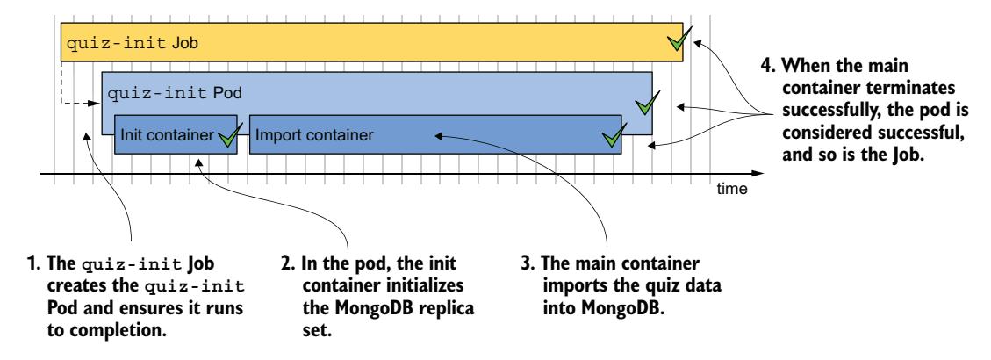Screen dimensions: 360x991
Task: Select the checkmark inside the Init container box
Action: [x=230, y=135]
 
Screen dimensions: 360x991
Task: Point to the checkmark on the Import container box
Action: [x=614, y=135]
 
